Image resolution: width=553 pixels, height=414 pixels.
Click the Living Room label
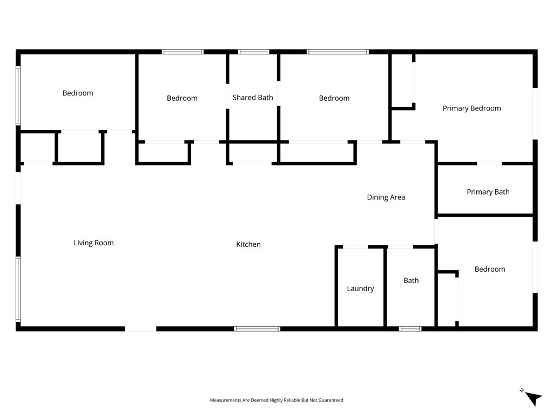pos(93,243)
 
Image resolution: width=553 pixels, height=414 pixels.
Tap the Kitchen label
pos(248,245)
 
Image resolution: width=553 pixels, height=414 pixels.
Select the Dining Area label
pos(386,197)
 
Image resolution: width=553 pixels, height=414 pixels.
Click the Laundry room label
pos(360,289)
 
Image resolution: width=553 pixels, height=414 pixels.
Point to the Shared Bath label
pos(253,98)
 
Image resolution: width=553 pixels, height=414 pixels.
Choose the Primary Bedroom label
pos(471,108)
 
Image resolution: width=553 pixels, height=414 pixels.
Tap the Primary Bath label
pos(488,192)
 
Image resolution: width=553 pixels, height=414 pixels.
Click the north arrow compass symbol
pos(532,397)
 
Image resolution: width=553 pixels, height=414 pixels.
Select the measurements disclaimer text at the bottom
pos(276,401)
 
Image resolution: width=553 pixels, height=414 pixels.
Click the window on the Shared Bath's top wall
pos(253,52)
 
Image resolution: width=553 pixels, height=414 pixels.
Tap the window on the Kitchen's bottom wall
pos(257,328)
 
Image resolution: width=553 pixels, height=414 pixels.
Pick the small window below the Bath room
pos(410,328)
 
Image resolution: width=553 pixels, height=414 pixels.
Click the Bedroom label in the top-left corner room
pos(78,93)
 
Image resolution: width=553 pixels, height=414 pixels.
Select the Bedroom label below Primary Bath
pos(490,270)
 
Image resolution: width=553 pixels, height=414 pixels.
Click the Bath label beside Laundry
pos(411,281)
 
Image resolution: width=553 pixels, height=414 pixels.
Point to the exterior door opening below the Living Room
pos(140,328)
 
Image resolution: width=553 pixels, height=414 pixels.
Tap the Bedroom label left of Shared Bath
pos(182,98)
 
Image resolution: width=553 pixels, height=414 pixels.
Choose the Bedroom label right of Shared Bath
pos(334,98)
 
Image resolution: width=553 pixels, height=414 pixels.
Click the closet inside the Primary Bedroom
pos(402,81)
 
